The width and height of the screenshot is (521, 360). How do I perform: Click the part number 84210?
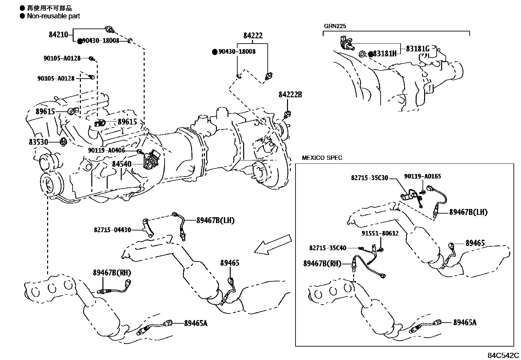click(x=58, y=35)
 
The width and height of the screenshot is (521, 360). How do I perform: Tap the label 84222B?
click(x=290, y=95)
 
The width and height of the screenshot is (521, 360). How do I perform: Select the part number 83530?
click(x=38, y=142)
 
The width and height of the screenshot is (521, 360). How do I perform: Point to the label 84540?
click(x=122, y=164)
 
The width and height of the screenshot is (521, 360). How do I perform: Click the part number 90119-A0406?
click(x=107, y=150)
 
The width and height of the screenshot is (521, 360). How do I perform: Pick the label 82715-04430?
click(x=112, y=230)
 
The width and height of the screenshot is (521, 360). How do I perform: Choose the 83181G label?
click(x=418, y=49)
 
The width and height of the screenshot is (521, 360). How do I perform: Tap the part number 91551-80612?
click(x=380, y=233)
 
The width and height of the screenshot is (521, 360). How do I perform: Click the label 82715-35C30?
click(x=369, y=178)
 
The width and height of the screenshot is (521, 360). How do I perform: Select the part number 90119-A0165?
click(x=422, y=176)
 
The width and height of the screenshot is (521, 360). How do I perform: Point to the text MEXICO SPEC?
click(x=322, y=158)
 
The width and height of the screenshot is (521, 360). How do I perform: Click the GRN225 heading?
click(x=335, y=26)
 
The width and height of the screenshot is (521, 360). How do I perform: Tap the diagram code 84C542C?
click(x=503, y=355)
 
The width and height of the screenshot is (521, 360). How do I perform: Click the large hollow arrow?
click(x=273, y=245)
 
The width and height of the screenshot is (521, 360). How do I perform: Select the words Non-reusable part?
click(x=53, y=16)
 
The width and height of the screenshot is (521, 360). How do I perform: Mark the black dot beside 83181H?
click(x=371, y=54)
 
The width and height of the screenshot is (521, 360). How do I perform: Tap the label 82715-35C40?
click(x=328, y=248)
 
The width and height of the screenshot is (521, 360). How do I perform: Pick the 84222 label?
click(x=253, y=36)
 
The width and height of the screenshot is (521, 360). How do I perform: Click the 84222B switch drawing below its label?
click(x=288, y=114)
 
